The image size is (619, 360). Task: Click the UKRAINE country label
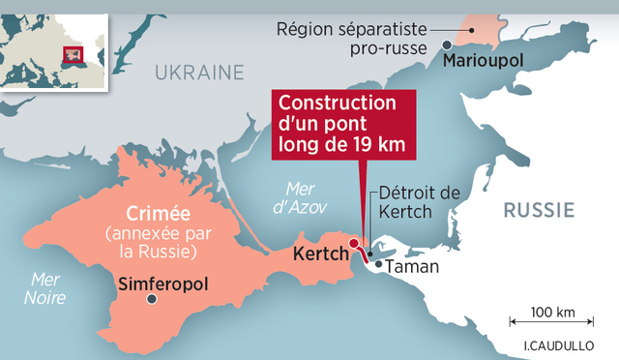point(199,71)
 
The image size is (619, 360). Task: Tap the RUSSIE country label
point(539,209)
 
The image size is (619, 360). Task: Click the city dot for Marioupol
point(446,45)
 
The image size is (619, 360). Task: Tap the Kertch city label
point(319,256)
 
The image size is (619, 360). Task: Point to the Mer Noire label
point(45,289)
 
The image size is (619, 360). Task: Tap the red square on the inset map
point(70,54)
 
